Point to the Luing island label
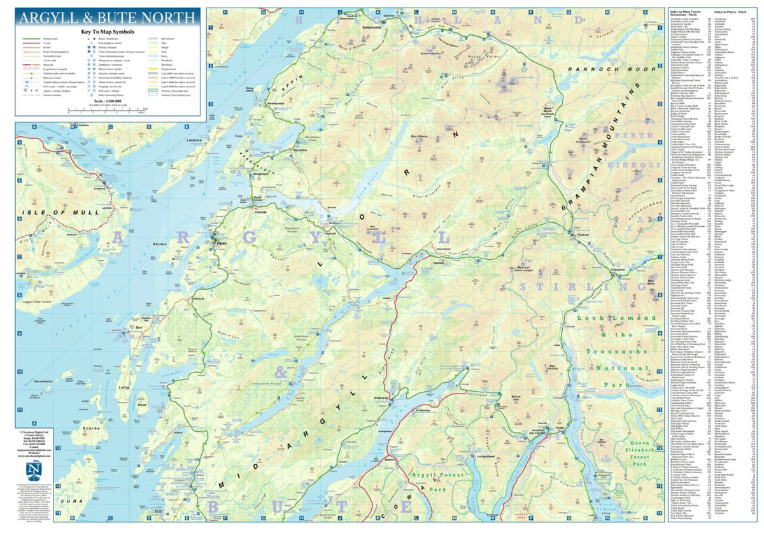[124, 387]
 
